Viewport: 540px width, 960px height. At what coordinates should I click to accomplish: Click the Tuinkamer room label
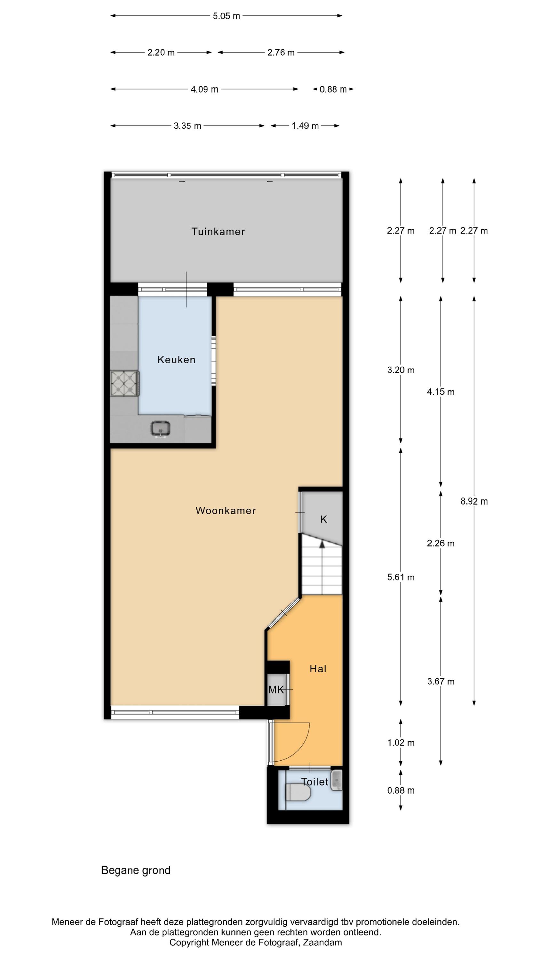[x=218, y=232]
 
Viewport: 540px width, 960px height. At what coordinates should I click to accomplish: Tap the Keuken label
[x=176, y=360]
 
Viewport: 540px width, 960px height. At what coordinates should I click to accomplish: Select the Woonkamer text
[x=226, y=510]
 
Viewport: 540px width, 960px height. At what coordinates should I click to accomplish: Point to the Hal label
[x=318, y=668]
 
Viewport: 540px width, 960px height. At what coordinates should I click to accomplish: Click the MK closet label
[x=276, y=690]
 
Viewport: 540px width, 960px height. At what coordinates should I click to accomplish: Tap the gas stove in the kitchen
[x=124, y=383]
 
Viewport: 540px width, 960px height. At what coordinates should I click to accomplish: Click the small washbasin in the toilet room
[x=337, y=780]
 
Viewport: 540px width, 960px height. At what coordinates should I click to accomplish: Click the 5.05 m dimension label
[x=226, y=16]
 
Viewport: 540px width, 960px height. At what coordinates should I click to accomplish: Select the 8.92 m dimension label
[x=474, y=501]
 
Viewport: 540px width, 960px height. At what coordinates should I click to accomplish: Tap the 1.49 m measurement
[x=305, y=126]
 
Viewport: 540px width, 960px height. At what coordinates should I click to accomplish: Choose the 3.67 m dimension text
[x=441, y=682]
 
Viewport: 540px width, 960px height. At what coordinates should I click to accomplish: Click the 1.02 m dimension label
[x=401, y=743]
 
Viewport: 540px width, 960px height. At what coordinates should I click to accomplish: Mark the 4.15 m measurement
[x=441, y=392]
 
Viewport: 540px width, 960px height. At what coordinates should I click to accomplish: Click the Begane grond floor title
[x=136, y=870]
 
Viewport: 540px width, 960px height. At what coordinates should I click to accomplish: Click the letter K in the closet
[x=323, y=519]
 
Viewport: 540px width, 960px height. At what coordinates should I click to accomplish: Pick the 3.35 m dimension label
[x=187, y=126]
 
